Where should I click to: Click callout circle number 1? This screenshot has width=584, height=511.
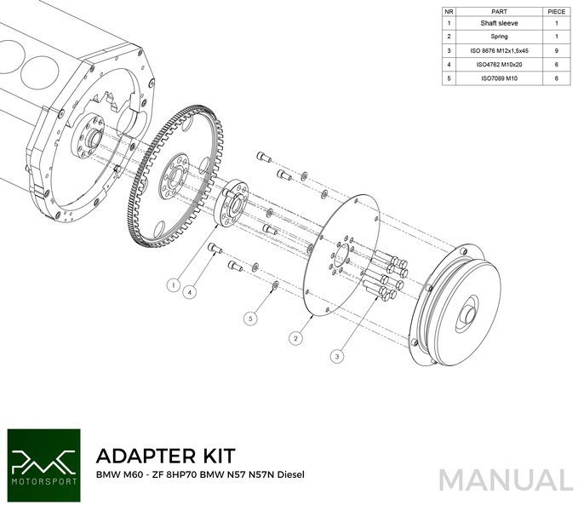pos(174,284)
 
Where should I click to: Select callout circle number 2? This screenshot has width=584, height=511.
pos(295,338)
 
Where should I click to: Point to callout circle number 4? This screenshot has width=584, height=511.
pos(192,290)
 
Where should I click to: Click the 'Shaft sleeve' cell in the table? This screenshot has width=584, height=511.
pos(500,25)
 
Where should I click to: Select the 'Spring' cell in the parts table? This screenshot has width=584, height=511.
pos(500,37)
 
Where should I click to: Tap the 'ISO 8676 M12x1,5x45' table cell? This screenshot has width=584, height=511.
pos(500,51)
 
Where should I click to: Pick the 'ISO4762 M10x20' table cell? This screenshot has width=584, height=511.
pos(500,64)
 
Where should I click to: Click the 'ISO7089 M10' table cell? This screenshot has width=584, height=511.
pos(500,78)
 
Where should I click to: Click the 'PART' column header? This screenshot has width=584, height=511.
pos(500,12)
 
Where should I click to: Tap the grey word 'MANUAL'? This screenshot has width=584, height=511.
pos(507,480)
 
